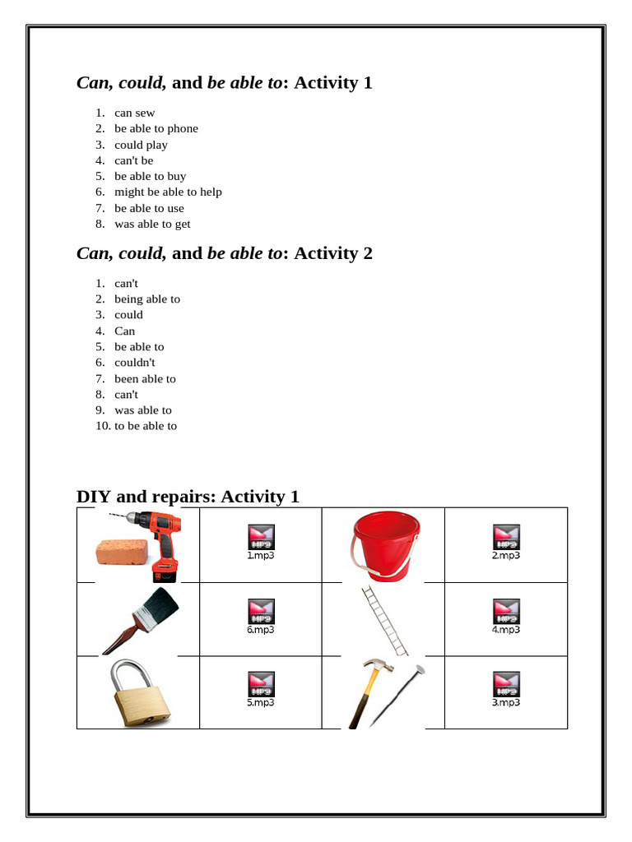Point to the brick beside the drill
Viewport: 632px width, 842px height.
tap(122, 553)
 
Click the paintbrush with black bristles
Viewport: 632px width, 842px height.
tap(140, 618)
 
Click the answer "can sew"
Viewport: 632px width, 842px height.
tap(134, 113)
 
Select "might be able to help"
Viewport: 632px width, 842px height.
tap(168, 192)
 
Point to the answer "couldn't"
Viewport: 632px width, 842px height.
tap(134, 363)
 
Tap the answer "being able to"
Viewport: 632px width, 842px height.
tap(146, 299)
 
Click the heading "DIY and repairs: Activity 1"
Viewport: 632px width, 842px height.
tap(188, 496)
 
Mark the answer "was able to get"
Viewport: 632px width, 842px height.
tap(152, 224)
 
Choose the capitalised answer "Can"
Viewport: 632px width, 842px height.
tap(124, 331)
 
